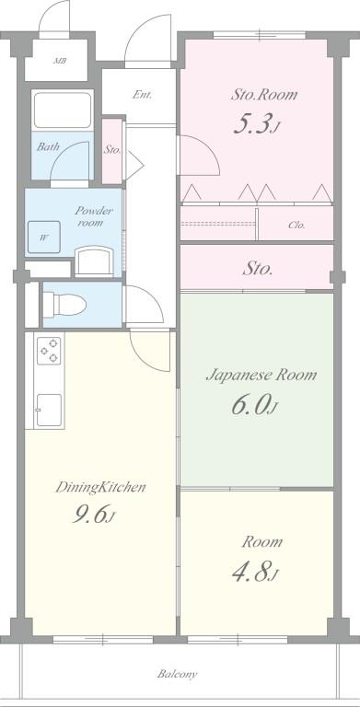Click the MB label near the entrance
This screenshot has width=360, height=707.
(x=59, y=62)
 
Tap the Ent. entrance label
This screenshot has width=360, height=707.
(x=142, y=95)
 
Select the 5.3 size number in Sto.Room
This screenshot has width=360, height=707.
(x=256, y=126)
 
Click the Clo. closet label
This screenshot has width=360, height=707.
(x=296, y=225)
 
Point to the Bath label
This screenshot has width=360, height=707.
(x=48, y=146)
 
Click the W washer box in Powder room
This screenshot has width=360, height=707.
(x=43, y=238)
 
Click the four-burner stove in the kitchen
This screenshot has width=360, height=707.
(x=49, y=350)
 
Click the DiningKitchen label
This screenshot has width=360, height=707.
(x=101, y=487)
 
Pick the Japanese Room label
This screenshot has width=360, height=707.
(x=261, y=375)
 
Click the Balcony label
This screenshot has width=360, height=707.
(x=176, y=674)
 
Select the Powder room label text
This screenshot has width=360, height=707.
(x=94, y=216)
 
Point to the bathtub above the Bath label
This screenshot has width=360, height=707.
(x=63, y=110)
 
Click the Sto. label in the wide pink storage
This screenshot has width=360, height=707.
(x=257, y=270)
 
